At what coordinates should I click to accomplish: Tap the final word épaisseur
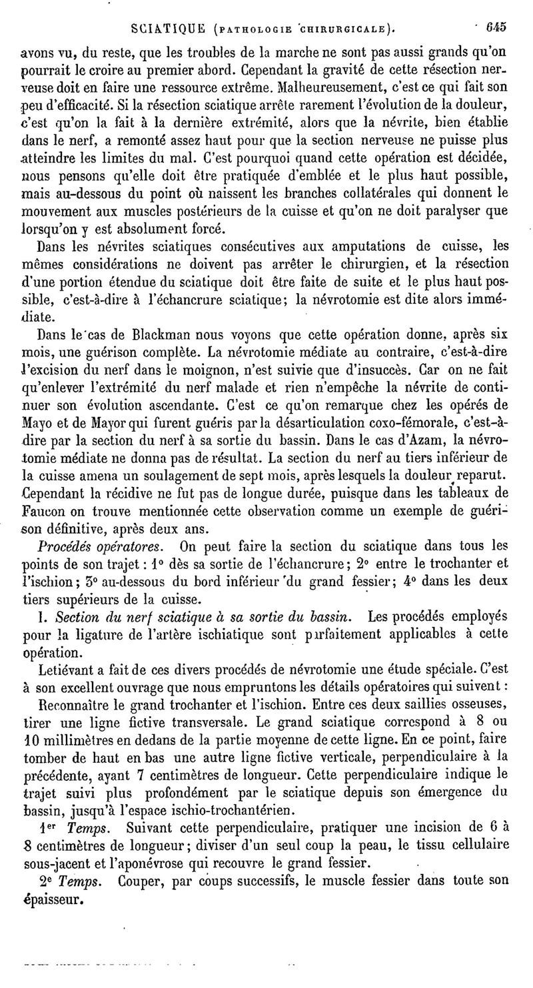pyautogui.click(x=52, y=899)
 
